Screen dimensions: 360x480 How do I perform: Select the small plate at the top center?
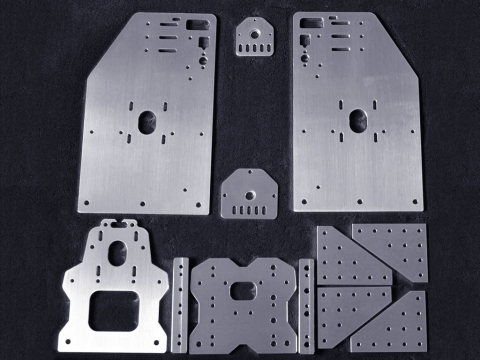pos(254,37)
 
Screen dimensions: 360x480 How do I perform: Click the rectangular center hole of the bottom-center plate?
pos(244,291)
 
